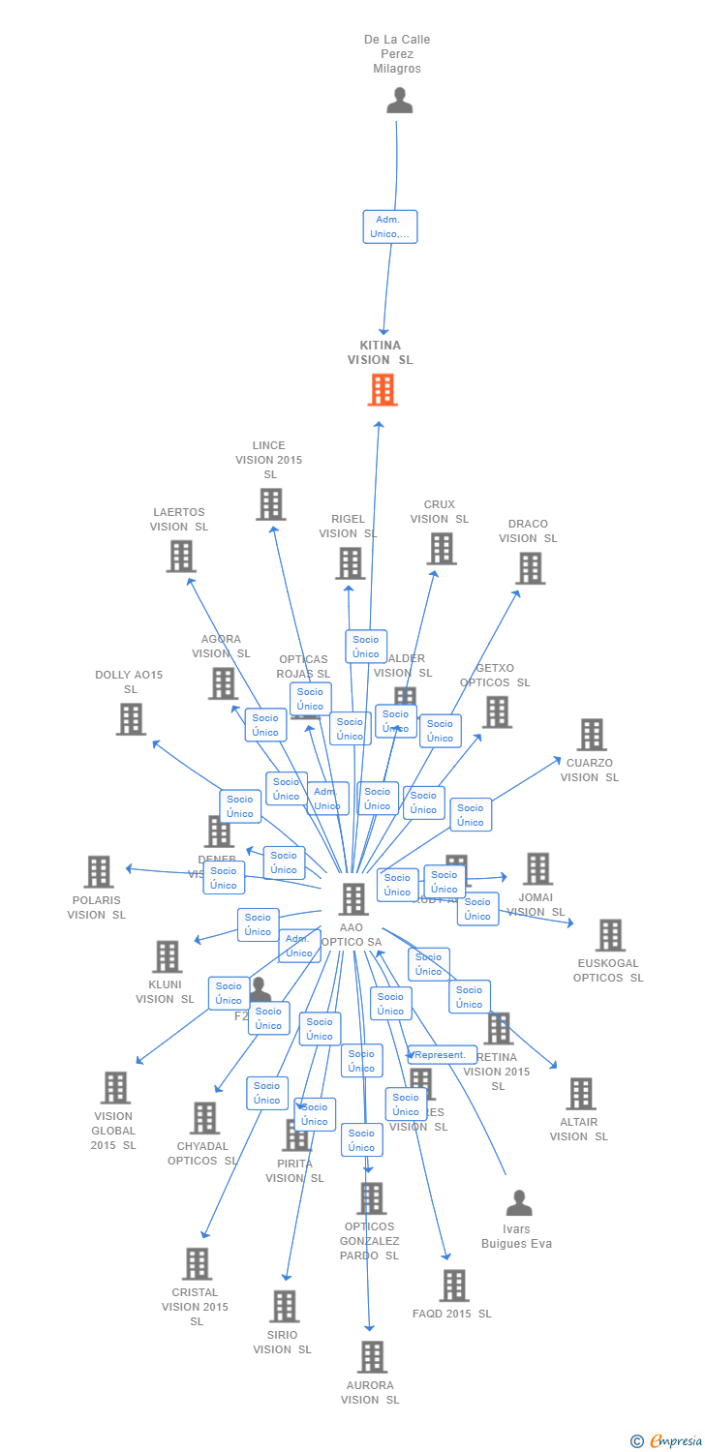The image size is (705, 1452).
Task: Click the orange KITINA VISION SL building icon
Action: click(383, 389)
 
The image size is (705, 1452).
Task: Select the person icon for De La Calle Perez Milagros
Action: click(399, 101)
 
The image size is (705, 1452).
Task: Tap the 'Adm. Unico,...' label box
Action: click(390, 227)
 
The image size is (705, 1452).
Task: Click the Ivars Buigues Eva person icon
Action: click(519, 1203)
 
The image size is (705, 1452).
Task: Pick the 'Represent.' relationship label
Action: click(442, 1054)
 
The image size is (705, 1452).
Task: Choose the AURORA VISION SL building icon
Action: click(372, 1357)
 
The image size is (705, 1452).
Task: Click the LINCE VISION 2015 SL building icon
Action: click(270, 503)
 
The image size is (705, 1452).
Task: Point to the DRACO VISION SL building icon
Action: click(530, 568)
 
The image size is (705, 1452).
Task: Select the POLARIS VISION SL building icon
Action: click(98, 871)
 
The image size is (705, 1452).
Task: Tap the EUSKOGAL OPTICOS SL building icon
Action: click(610, 935)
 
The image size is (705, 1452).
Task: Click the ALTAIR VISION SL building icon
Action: click(580, 1094)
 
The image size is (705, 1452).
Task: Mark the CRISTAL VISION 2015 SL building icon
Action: click(197, 1264)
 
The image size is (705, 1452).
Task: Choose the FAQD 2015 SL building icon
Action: click(453, 1286)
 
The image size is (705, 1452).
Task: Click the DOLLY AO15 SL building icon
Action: click(131, 719)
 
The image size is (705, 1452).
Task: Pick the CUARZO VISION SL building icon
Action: click(591, 735)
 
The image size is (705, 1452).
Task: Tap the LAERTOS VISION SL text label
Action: click(179, 520)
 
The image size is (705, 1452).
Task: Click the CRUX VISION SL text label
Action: click(439, 512)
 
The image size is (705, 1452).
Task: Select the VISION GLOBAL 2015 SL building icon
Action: click(115, 1088)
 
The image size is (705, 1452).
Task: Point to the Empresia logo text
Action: click(674, 1441)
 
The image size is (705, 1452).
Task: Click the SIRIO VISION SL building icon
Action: click(284, 1306)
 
